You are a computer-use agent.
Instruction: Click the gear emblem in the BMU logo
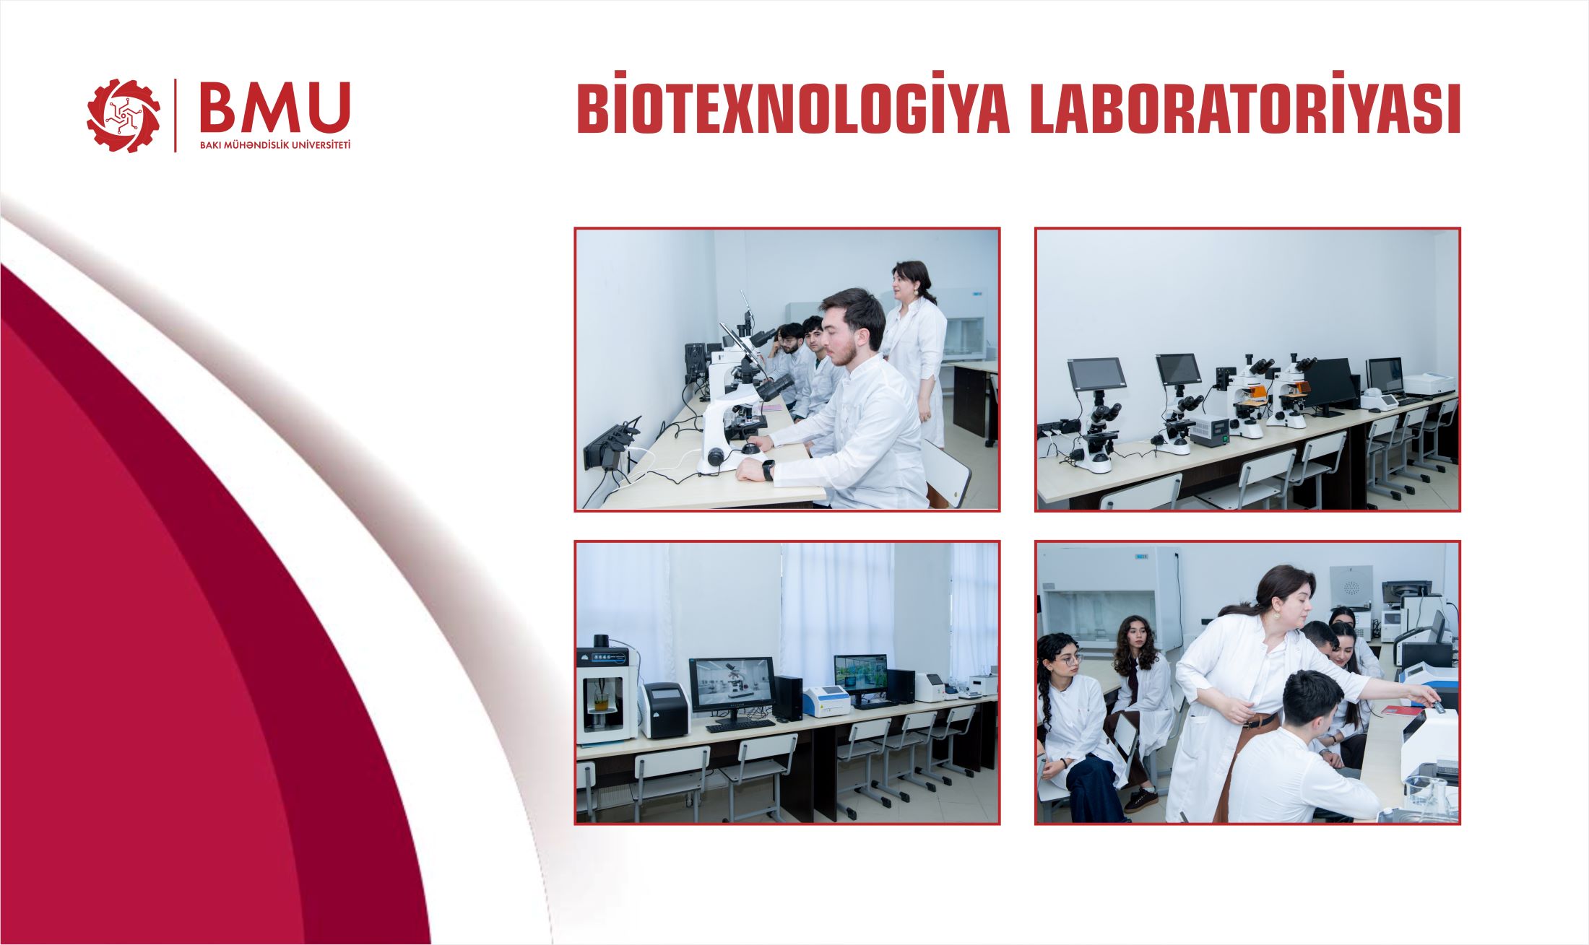(124, 116)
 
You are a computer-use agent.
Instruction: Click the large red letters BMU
(274, 108)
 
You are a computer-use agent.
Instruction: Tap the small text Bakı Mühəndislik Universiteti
(274, 145)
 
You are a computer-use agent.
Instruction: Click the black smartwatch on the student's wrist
(768, 469)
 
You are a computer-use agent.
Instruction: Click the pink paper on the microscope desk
(769, 406)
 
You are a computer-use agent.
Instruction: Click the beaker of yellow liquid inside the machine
(601, 702)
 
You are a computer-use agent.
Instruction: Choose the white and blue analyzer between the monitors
(826, 700)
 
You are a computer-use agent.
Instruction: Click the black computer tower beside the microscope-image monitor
(787, 697)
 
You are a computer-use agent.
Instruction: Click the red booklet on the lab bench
(1400, 710)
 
